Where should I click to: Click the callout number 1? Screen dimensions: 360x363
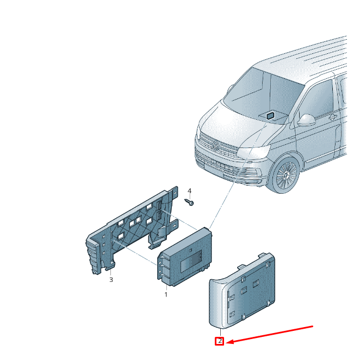pos(166,294)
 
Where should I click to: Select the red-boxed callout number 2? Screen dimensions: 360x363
pos(220,341)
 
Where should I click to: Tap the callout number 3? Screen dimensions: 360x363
pos(111,280)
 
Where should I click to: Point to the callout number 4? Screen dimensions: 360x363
pos(189,191)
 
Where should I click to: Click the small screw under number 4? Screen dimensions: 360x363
pos(189,202)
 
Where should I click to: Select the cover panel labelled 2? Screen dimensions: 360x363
pos(242,290)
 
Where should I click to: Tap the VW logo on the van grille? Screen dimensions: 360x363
pos(215,146)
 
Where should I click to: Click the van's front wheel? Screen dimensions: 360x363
pos(287,174)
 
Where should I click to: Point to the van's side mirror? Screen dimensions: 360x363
pos(307,120)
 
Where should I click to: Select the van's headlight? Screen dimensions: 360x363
pos(253,152)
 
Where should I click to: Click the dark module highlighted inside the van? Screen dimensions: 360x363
pos(270,115)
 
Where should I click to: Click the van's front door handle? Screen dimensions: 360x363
pos(332,118)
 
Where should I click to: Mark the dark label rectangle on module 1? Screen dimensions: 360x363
pos(191,261)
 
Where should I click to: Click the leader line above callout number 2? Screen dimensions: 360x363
pos(220,333)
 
